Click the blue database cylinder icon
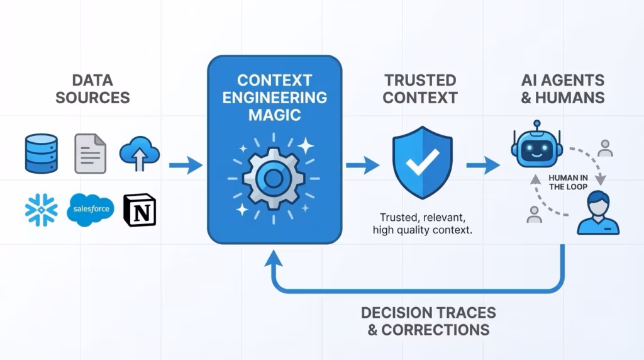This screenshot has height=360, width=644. click(42, 153)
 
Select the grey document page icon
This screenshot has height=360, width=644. click(91, 153)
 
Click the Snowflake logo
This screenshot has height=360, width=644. click(42, 210)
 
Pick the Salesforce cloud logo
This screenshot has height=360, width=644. click(91, 209)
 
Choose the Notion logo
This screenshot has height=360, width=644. click(139, 210)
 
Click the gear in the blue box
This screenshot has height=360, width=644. click(273, 179)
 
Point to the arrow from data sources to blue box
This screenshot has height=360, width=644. click(186, 166)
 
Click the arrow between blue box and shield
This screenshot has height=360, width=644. click(363, 166)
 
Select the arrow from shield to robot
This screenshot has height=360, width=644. click(483, 166)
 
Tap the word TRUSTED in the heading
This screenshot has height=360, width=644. click(420, 81)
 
